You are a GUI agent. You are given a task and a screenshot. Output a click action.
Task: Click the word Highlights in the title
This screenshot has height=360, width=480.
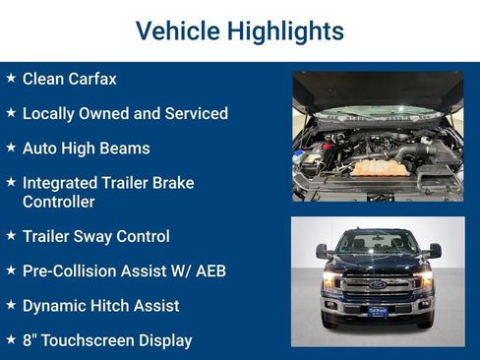point(285,30)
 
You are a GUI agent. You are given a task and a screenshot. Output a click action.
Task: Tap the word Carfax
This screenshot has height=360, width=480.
point(91,79)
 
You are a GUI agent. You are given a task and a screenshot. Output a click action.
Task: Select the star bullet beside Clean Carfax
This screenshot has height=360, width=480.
point(11,78)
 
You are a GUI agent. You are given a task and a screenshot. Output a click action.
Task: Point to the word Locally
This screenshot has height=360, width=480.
point(52,113)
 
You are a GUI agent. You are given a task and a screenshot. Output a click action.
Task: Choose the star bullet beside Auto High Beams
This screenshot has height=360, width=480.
point(11,148)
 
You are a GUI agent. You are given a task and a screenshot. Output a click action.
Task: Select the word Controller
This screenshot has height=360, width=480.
point(58,202)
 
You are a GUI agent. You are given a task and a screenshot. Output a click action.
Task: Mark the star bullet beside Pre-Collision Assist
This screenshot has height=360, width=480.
point(11,270)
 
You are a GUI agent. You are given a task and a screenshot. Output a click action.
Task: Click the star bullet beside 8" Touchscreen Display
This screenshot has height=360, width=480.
point(11,339)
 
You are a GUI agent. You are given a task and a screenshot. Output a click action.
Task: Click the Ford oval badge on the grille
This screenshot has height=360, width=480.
point(377,284)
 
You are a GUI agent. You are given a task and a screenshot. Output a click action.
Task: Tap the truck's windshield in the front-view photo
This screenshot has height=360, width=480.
point(377,242)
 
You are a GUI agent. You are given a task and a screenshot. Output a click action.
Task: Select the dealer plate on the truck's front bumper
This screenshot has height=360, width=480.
point(377,311)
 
